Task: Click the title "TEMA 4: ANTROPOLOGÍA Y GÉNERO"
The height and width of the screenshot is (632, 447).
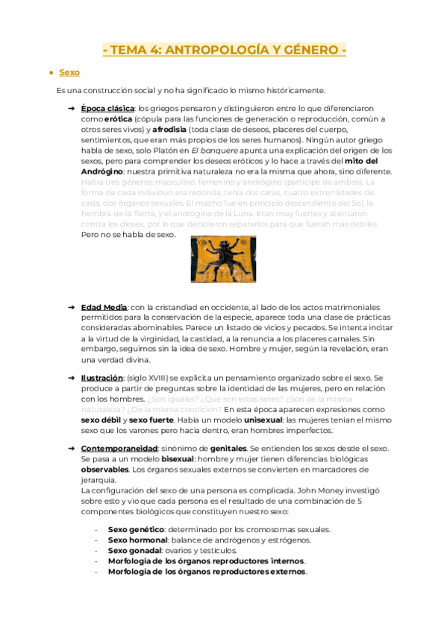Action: click(224, 51)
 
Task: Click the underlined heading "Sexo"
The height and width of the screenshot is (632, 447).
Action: click(69, 72)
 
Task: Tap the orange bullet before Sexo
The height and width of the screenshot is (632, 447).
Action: click(49, 73)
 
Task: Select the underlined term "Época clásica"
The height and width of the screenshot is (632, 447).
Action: click(103, 109)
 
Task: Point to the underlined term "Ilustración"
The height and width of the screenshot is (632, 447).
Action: click(101, 379)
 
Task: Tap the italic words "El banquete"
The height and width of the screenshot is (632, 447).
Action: click(213, 151)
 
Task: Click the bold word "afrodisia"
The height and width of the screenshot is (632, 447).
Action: click(172, 130)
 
